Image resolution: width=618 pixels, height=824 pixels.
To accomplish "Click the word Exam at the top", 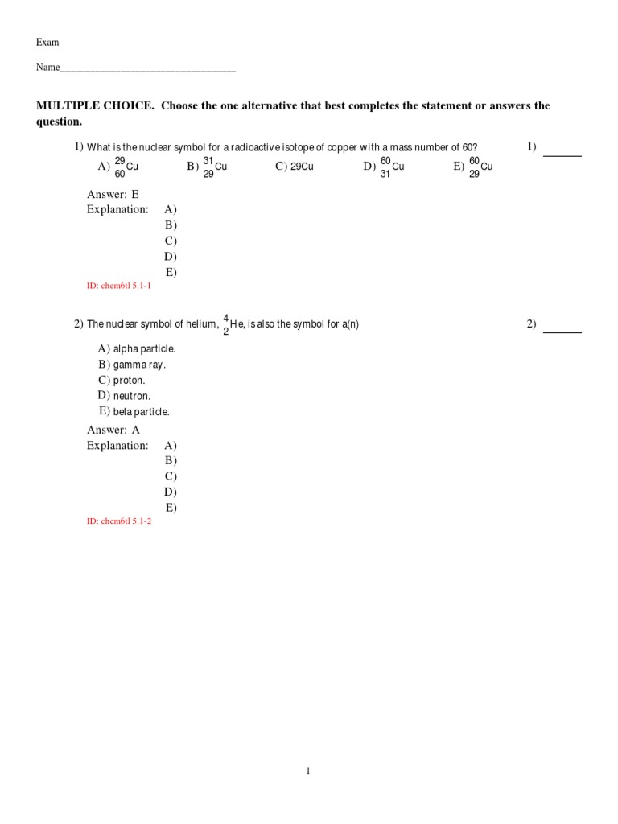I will pos(47,42).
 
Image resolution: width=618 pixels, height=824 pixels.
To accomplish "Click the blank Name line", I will pos(148,69).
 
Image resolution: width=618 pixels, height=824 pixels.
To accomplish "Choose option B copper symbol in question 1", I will pos(214,167).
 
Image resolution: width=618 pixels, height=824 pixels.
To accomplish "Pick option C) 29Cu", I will pos(295,167).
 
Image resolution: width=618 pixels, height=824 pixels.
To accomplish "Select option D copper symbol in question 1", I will pos(391,167).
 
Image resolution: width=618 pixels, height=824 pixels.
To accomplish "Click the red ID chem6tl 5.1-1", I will pos(119,286).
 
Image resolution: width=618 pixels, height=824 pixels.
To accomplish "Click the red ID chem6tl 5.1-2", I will pos(119,521).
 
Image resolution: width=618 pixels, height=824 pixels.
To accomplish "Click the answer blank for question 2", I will pos(562,330).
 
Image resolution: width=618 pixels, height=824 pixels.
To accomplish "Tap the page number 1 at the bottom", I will pos(308,771).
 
